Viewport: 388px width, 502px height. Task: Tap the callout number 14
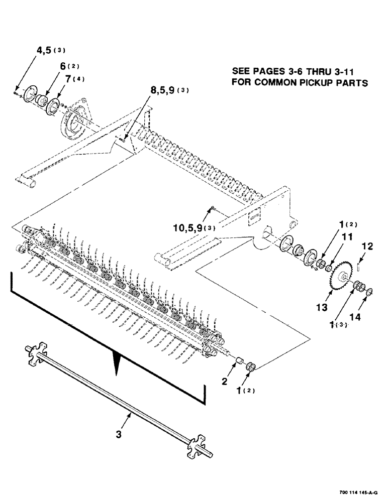point(368,317)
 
